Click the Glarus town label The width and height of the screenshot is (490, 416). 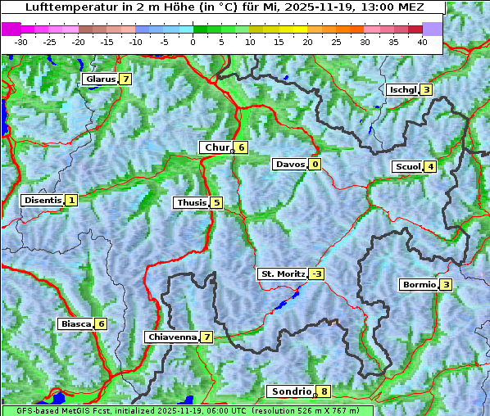tap(99, 79)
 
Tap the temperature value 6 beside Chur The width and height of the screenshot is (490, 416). tap(242, 147)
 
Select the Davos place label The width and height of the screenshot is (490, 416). tap(290, 165)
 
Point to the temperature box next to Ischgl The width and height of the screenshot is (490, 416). tap(426, 90)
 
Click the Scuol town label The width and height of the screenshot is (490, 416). tap(408, 167)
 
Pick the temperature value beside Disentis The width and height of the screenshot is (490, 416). tap(71, 200)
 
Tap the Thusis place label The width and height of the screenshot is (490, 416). tap(191, 202)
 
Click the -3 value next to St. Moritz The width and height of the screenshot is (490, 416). tap(317, 274)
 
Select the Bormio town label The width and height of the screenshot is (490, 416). tap(418, 285)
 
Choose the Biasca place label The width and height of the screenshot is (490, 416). tap(76, 323)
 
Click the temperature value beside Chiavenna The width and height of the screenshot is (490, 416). tap(207, 337)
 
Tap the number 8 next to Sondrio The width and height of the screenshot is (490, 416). tap(324, 391)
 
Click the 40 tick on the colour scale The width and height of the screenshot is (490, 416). tap(422, 42)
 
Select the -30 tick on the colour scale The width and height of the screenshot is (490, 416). tap(21, 42)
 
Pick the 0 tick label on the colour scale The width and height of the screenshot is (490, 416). tap(193, 42)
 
